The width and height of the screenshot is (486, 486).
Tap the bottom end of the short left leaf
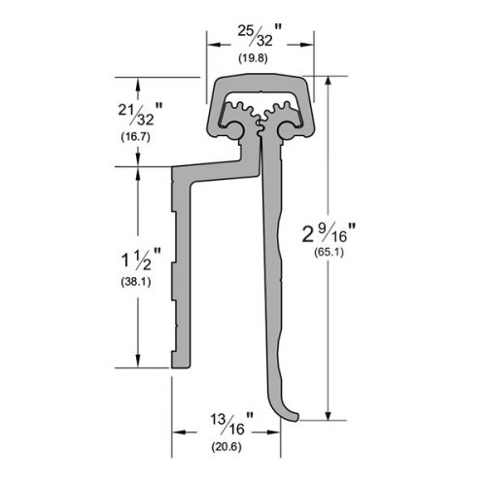(186, 364)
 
